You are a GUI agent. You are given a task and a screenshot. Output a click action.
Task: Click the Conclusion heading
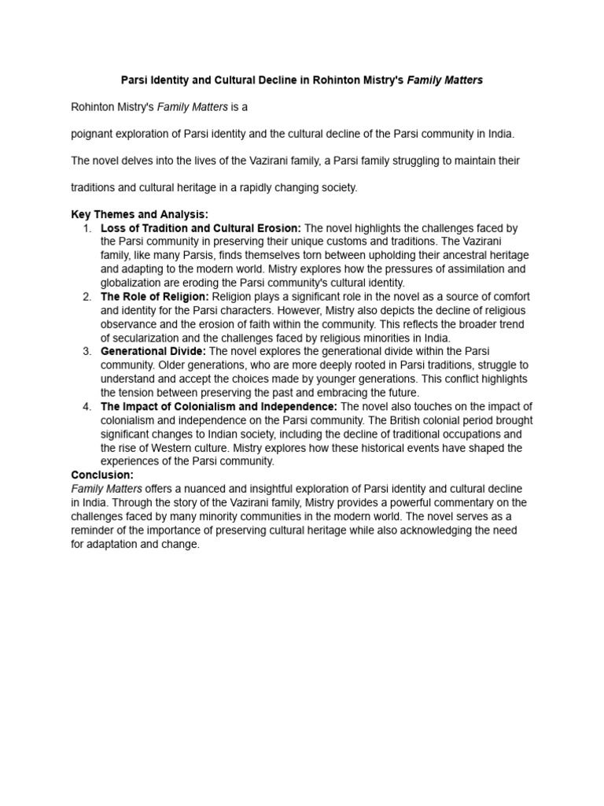click(x=102, y=475)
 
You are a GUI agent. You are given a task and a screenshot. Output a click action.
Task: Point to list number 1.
click(x=87, y=228)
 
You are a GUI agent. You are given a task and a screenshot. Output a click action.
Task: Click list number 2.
click(x=87, y=297)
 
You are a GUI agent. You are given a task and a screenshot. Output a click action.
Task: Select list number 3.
click(x=87, y=351)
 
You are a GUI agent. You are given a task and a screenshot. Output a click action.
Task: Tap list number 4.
click(x=87, y=406)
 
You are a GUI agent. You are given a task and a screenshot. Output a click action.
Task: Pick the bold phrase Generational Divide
click(x=153, y=351)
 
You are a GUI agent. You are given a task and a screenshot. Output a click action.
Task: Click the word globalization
click(x=133, y=283)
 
